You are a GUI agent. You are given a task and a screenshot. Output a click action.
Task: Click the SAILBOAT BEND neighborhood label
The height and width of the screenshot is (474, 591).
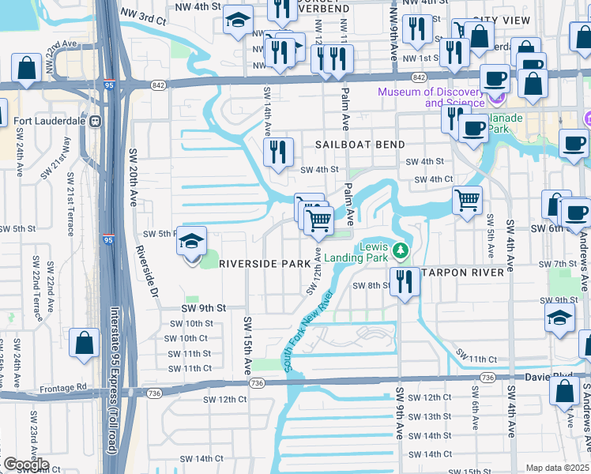pyautogui.click(x=359, y=145)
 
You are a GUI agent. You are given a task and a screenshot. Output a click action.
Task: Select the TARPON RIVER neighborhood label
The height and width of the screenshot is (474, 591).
pyautogui.click(x=464, y=273)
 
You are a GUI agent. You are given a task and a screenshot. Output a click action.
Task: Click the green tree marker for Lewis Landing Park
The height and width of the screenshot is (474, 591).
pyautogui.click(x=401, y=252)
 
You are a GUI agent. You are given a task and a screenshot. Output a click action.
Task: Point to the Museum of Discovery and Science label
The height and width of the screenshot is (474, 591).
pyautogui.click(x=431, y=97)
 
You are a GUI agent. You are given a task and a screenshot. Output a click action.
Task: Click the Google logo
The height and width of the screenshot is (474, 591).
pyautogui.click(x=26, y=465)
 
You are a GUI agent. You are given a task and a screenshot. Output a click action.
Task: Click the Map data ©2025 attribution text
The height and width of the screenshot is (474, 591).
pyautogui.click(x=557, y=468)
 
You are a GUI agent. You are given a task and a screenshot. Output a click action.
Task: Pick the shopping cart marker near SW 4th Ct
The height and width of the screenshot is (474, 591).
pyautogui.click(x=467, y=200)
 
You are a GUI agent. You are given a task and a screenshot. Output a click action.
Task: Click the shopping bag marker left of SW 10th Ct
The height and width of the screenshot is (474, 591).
pyautogui.click(x=84, y=343)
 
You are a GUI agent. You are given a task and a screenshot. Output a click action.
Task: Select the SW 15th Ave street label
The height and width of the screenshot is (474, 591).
pyautogui.click(x=247, y=345)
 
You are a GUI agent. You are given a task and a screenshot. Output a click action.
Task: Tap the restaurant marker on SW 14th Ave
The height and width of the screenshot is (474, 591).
pyautogui.click(x=278, y=152)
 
